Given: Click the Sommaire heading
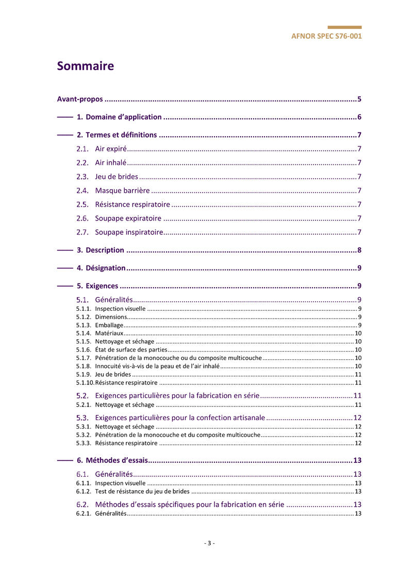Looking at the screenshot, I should point(86,66).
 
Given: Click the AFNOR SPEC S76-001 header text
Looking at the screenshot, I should point(326,37).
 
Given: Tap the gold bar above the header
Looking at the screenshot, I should point(344,27).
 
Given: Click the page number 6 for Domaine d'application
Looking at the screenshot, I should point(359,117).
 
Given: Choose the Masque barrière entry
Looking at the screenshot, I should point(123,191).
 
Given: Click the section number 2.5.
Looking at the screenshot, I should point(82,205).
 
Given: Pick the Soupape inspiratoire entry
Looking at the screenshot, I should point(129,232).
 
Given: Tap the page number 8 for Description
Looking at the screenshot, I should point(359,251).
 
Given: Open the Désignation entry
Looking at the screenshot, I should point(106,268).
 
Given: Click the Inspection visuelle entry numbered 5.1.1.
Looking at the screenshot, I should point(120,309).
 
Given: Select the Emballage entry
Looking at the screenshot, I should point(109,325).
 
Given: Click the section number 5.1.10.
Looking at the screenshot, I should point(85,383).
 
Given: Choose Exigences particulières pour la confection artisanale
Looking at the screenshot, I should point(180,418).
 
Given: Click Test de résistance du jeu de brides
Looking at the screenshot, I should point(142,492).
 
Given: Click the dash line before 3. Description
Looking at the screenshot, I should point(64,251).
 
